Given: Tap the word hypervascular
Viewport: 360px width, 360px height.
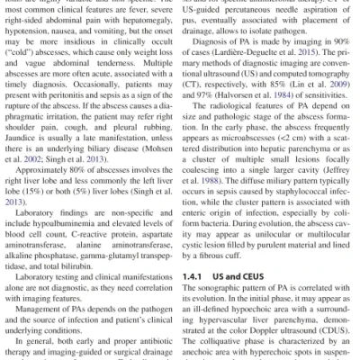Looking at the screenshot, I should point(230,319).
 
